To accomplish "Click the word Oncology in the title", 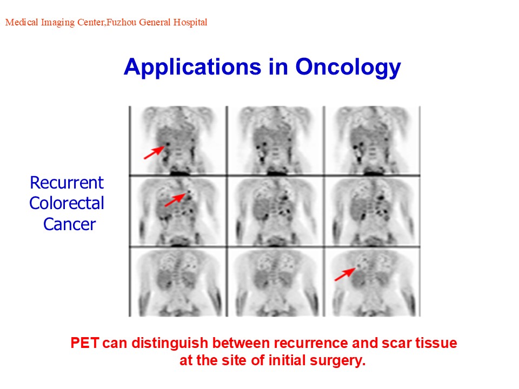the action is (x=348, y=68).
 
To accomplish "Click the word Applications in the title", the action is (x=192, y=68).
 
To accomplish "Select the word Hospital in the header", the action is (x=190, y=22).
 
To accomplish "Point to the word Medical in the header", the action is (x=22, y=22).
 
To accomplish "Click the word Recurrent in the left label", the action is (x=67, y=183).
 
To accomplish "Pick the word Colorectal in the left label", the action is (x=66, y=203).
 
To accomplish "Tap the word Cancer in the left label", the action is (x=70, y=224).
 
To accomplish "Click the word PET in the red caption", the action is (x=85, y=343).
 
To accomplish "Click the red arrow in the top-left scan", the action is (x=154, y=152).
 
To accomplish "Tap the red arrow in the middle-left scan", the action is (x=175, y=200).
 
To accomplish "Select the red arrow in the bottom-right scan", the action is (x=345, y=274).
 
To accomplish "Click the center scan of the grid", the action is (x=275, y=211).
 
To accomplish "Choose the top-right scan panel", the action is (x=372, y=140).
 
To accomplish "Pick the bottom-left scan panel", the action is (x=178, y=282).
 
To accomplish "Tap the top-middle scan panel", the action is (x=275, y=140).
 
